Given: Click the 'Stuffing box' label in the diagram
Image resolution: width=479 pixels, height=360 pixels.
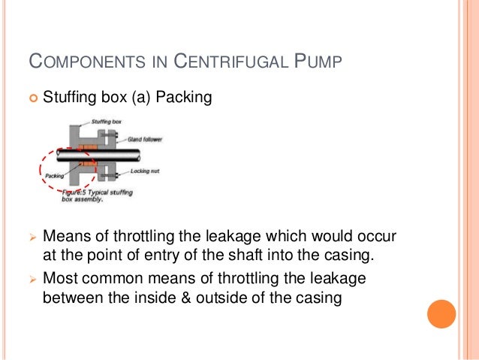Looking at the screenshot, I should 106,120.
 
